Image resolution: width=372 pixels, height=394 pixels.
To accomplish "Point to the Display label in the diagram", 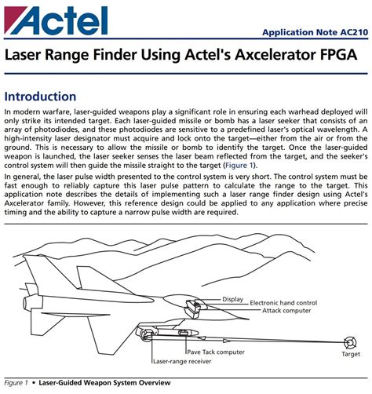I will tap(232, 299).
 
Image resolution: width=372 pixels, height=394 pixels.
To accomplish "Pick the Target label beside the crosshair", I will tap(350, 355).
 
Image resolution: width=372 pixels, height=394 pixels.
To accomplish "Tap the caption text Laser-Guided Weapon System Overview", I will tap(108, 383).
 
